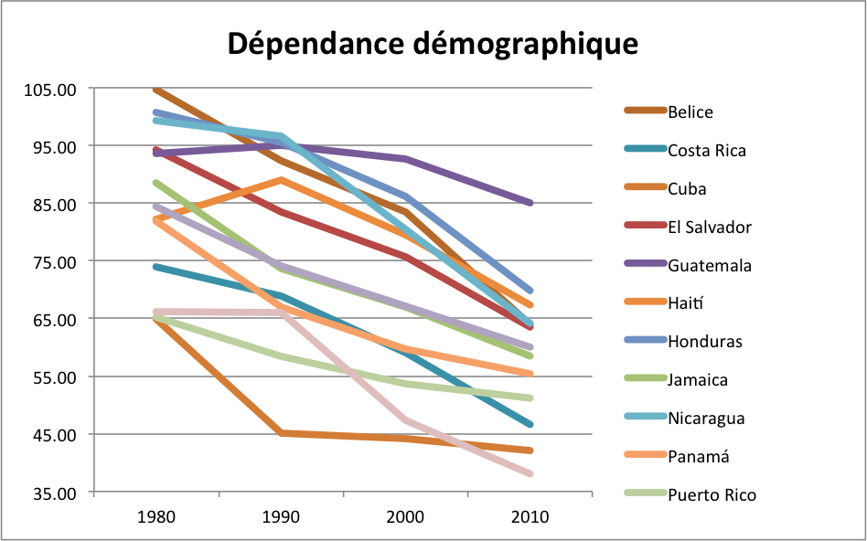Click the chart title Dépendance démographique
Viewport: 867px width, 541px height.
[x=433, y=43]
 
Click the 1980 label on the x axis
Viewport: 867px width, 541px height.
[x=155, y=516]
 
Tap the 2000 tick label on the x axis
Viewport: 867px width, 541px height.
[x=405, y=516]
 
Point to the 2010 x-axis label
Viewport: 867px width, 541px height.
[x=530, y=516]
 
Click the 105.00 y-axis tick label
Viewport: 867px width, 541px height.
[x=53, y=90]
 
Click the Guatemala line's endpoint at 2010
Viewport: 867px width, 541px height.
[x=530, y=203]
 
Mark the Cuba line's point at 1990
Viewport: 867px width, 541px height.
[x=281, y=433]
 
